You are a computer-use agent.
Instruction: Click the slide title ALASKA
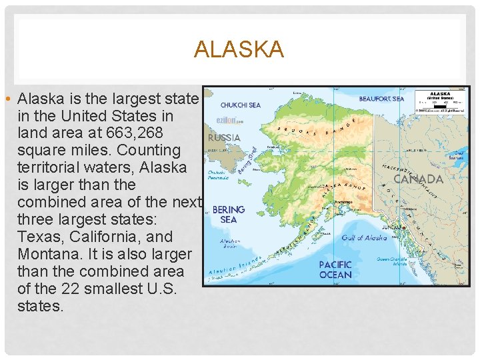(239, 49)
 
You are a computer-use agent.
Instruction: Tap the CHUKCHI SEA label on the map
(240, 105)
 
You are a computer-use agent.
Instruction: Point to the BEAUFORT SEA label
(381, 99)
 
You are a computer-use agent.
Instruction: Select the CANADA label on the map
(418, 179)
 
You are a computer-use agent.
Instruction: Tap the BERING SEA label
(229, 214)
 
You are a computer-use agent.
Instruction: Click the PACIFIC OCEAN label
(335, 269)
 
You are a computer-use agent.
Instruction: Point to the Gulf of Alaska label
(364, 238)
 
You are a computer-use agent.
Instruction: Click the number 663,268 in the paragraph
(141, 133)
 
